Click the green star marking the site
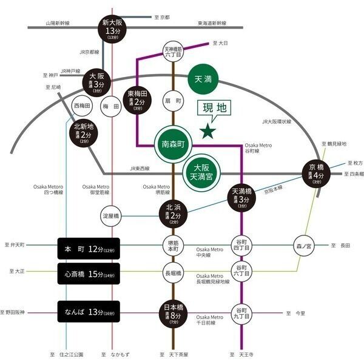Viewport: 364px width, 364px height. coord(209,130)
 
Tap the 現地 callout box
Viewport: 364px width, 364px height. coord(214,109)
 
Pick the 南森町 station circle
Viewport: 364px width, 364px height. coord(173,146)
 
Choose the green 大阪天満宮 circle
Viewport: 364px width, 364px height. coord(200,171)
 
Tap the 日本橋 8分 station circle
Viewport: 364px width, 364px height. coord(173,312)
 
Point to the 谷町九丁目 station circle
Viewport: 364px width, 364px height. coord(242,312)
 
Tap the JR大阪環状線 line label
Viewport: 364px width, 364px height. coord(277,122)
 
